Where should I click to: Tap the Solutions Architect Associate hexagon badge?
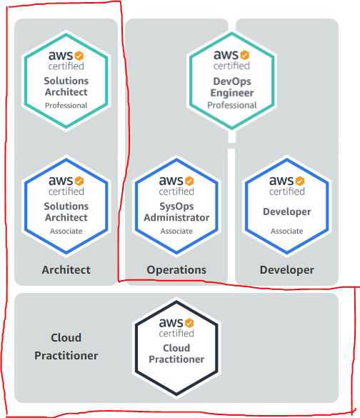66,206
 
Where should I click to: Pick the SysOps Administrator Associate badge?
176,206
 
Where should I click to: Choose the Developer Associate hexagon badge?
286,206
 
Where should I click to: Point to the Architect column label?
66,269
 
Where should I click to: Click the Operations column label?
176,269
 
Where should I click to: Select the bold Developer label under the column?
286,269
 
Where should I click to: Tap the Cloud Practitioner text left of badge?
66,347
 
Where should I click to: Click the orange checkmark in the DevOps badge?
245,54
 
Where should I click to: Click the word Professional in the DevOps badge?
231,105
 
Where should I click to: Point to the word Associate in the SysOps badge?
176,231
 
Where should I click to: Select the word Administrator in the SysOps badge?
176,217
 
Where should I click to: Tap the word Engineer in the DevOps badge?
231,92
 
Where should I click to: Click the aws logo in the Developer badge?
281,181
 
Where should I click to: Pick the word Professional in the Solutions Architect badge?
66,105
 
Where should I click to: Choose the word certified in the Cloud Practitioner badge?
176,334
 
